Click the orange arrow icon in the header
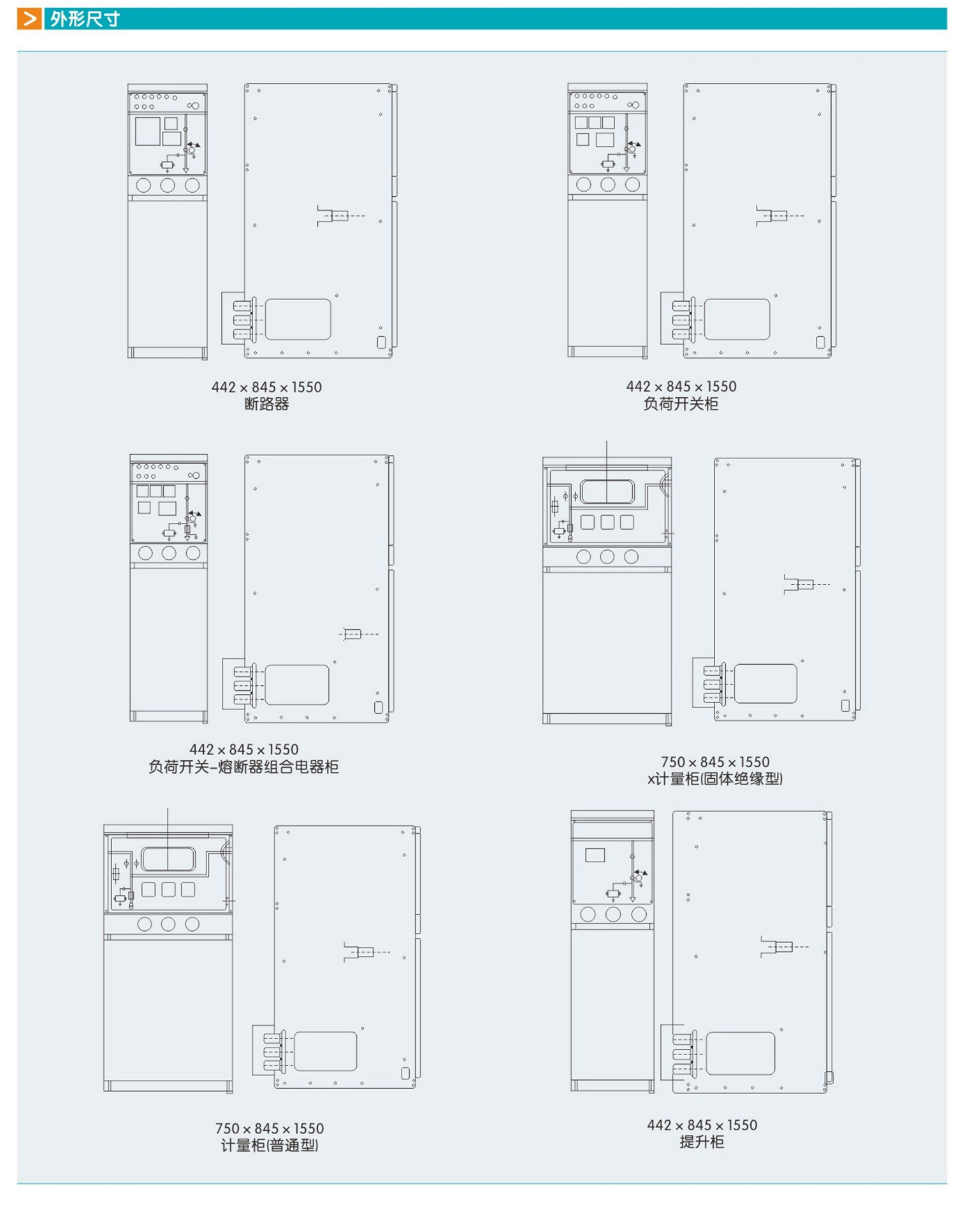(29, 18)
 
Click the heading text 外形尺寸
(85, 19)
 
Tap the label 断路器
(267, 404)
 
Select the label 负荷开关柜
(681, 404)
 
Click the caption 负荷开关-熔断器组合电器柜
(243, 767)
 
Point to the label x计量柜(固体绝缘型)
(715, 778)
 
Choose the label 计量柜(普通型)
(270, 1145)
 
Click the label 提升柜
(702, 1142)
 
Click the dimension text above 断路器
(267, 387)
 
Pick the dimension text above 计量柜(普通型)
(270, 1128)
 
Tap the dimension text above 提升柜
(702, 1125)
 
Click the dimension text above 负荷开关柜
(681, 387)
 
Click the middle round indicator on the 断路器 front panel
(168, 185)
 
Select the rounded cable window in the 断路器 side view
(298, 319)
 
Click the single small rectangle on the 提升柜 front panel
(595, 855)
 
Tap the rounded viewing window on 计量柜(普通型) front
(168, 859)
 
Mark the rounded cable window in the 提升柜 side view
(741, 1053)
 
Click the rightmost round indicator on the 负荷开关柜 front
(632, 185)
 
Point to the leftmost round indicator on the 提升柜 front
(588, 914)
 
